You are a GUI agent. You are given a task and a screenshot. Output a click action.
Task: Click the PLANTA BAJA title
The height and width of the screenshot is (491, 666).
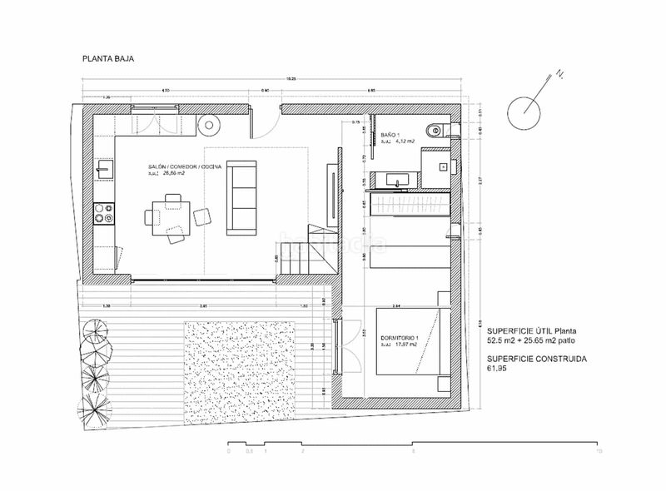[107, 59]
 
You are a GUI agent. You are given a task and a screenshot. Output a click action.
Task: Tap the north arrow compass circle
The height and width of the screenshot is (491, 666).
[527, 109]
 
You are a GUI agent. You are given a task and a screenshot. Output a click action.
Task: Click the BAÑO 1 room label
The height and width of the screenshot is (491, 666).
[391, 134]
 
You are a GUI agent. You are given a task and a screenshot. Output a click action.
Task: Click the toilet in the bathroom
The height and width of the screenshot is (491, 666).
[434, 129]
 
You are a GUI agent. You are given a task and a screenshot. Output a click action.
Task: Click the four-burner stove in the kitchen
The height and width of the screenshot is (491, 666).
[103, 214]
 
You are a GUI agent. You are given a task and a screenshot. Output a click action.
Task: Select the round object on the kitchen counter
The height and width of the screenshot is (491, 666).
[209, 123]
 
